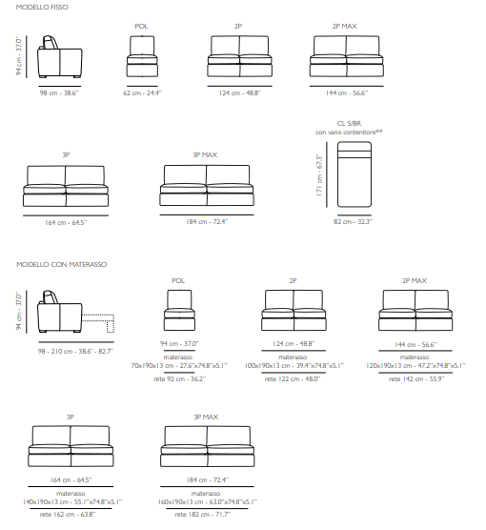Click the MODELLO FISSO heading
(42, 7)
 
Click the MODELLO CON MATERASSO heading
(62, 264)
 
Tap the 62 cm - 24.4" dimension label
(142, 93)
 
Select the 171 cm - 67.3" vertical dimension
(320, 174)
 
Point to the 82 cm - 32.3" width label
(353, 222)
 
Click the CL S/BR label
(349, 123)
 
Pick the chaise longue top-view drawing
(354, 174)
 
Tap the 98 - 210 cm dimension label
(75, 352)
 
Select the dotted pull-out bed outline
(98, 323)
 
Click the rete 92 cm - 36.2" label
(179, 379)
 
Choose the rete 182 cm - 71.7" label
(202, 515)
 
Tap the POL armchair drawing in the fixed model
(142, 56)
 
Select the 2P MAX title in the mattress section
(415, 281)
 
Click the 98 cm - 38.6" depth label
(59, 93)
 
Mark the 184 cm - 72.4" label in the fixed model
(207, 222)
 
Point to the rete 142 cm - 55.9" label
(416, 379)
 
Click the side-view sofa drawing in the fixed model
(60, 56)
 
